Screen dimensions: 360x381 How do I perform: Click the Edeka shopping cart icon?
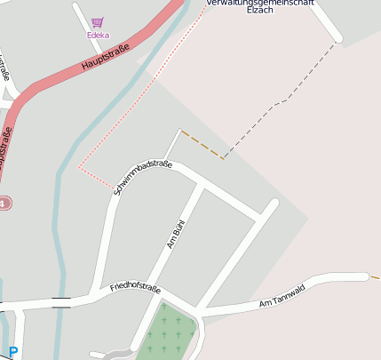click(98, 22)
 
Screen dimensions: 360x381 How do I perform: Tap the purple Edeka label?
click(98, 36)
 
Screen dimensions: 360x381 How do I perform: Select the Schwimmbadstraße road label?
click(142, 176)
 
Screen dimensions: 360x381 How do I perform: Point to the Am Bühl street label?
click(176, 232)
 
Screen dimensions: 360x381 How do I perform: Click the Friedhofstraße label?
click(135, 287)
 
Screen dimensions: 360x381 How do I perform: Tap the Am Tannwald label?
click(282, 296)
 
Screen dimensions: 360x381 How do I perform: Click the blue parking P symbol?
click(12, 352)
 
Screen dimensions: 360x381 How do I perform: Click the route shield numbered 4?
click(4, 204)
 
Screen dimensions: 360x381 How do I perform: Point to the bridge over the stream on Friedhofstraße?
click(61, 303)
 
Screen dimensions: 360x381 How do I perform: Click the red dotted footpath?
click(124, 116)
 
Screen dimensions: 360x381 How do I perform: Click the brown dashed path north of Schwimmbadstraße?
click(202, 145)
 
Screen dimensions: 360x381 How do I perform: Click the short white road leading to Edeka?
click(83, 20)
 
